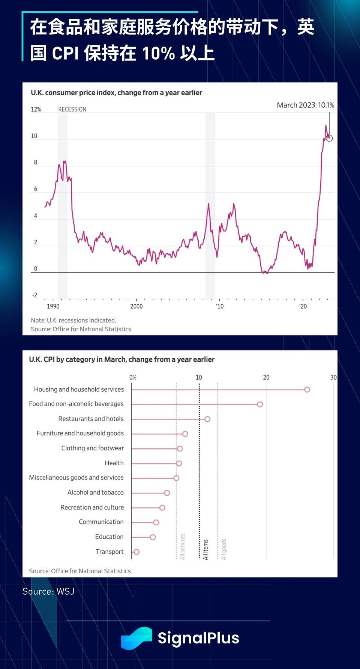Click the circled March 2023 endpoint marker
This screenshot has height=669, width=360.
pyautogui.click(x=329, y=138)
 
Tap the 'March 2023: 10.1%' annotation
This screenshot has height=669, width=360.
pyautogui.click(x=305, y=105)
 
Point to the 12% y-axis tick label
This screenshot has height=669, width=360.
pyautogui.click(x=36, y=109)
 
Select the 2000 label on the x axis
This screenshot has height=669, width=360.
pyautogui.click(x=136, y=306)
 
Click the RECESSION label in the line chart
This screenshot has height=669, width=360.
pyautogui.click(x=72, y=109)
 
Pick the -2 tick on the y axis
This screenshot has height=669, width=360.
pyautogui.click(x=34, y=295)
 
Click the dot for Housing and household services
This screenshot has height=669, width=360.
pyautogui.click(x=307, y=389)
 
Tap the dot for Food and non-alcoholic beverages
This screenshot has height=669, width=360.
pyautogui.click(x=260, y=404)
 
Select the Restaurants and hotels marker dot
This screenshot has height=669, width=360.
pyautogui.click(x=207, y=419)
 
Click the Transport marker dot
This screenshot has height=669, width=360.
pyautogui.click(x=136, y=552)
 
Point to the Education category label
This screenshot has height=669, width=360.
pyautogui.click(x=109, y=537)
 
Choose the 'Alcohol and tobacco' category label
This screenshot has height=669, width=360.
pyautogui.click(x=95, y=492)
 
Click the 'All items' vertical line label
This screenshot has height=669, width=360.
pyautogui.click(x=205, y=549)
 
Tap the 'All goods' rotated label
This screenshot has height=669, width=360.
pyautogui.click(x=224, y=549)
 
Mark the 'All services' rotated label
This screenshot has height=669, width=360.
pyautogui.click(x=183, y=546)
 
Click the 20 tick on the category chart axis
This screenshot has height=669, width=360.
pyautogui.click(x=266, y=377)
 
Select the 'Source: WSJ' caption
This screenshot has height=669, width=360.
pyautogui.click(x=48, y=591)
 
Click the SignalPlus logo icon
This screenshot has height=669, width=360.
pyautogui.click(x=136, y=638)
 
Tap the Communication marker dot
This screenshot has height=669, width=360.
pyautogui.click(x=156, y=522)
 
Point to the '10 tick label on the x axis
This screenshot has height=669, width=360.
pyautogui.click(x=220, y=306)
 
